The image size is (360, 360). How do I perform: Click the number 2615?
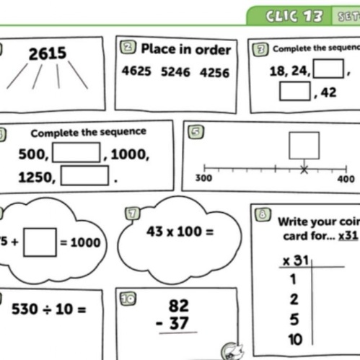(x=48, y=53)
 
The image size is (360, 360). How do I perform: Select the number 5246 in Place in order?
(x=175, y=71)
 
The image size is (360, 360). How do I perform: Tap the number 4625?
(x=136, y=71)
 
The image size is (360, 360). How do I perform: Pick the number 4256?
(x=214, y=73)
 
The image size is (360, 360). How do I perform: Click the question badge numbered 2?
(x=128, y=48)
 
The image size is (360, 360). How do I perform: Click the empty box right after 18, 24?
(x=328, y=69)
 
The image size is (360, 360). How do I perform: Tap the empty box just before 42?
(x=295, y=91)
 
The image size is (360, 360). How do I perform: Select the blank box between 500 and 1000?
(x=76, y=152)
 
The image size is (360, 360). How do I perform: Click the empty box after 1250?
(x=84, y=175)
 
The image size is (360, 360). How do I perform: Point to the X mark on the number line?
(x=304, y=170)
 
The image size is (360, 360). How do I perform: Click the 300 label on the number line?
(x=203, y=178)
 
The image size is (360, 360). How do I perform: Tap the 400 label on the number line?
(x=346, y=179)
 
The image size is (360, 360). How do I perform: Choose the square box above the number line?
(x=304, y=146)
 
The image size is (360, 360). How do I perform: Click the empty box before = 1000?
(x=40, y=242)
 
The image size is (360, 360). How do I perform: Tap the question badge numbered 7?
(x=132, y=214)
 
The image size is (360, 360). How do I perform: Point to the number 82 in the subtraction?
(x=179, y=306)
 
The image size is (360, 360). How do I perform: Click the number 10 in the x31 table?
(x=295, y=340)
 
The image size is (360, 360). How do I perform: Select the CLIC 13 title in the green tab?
(x=294, y=17)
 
